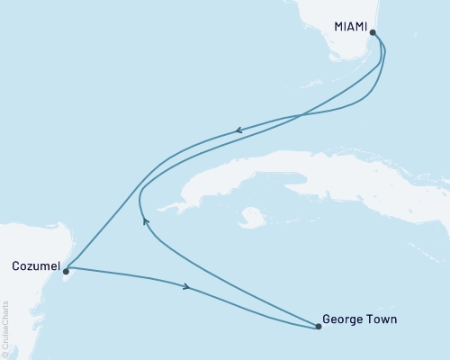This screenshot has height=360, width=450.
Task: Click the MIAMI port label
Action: tap(350, 27)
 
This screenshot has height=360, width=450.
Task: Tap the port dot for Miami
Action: tap(373, 31)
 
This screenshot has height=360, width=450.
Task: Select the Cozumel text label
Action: tap(35, 266)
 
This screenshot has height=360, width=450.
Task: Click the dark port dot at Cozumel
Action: tap(66, 268)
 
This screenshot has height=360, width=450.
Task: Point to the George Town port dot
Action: tap(318, 328)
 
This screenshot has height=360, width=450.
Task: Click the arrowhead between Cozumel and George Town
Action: tap(186, 287)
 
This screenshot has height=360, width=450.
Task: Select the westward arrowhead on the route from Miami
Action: tap(238, 131)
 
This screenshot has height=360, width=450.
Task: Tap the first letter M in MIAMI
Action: tap(338, 27)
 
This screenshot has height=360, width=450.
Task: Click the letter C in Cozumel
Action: tap(17, 266)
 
